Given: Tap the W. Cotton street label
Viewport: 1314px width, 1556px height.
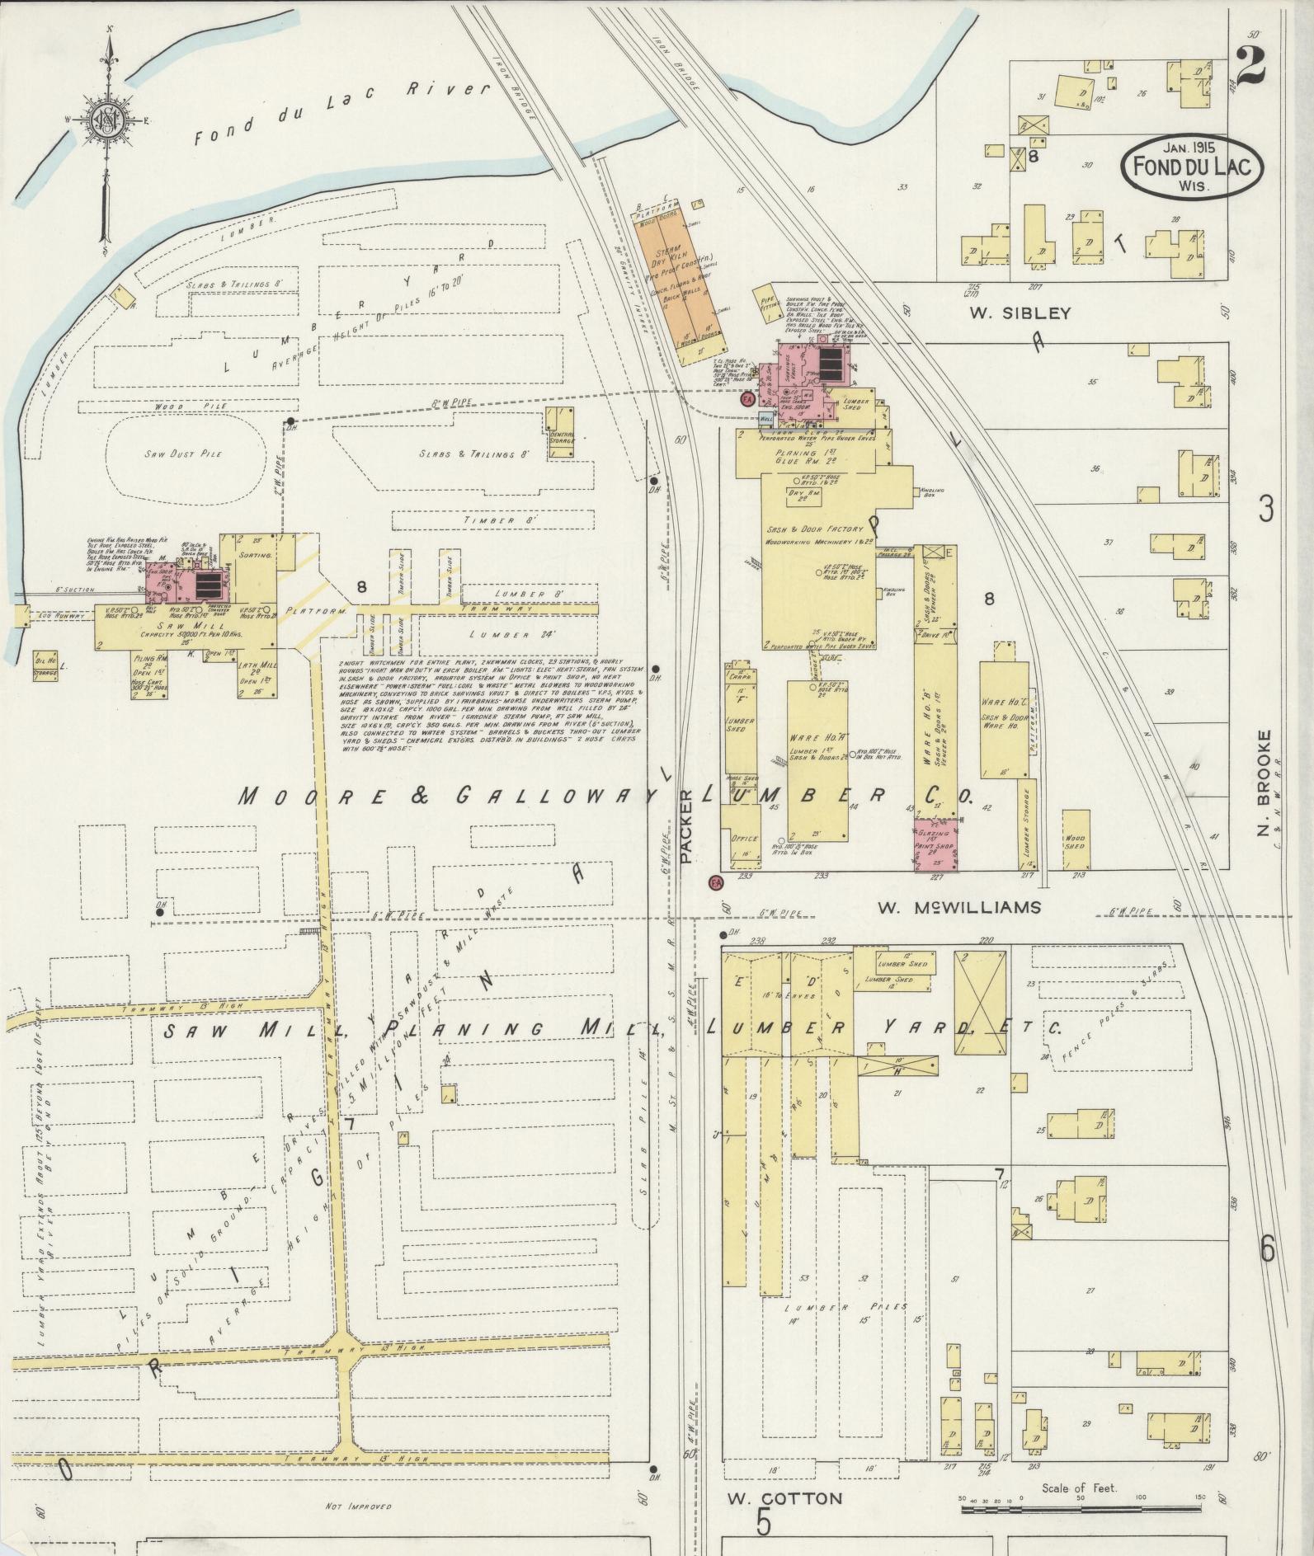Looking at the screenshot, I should click(783, 1498).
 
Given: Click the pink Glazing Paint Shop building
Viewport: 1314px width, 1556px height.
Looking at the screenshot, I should click(935, 844).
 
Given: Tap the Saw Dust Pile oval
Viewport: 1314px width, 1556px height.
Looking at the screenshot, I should click(189, 453).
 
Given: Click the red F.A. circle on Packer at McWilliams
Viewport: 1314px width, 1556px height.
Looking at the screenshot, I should click(715, 883).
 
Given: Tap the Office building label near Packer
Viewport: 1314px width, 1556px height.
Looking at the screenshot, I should click(743, 839).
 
